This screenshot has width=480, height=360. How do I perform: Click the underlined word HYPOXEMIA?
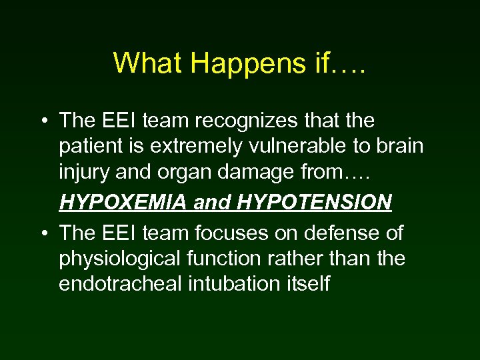[124, 203]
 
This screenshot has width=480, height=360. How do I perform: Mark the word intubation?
[230, 283]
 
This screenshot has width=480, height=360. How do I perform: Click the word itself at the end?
[307, 283]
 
